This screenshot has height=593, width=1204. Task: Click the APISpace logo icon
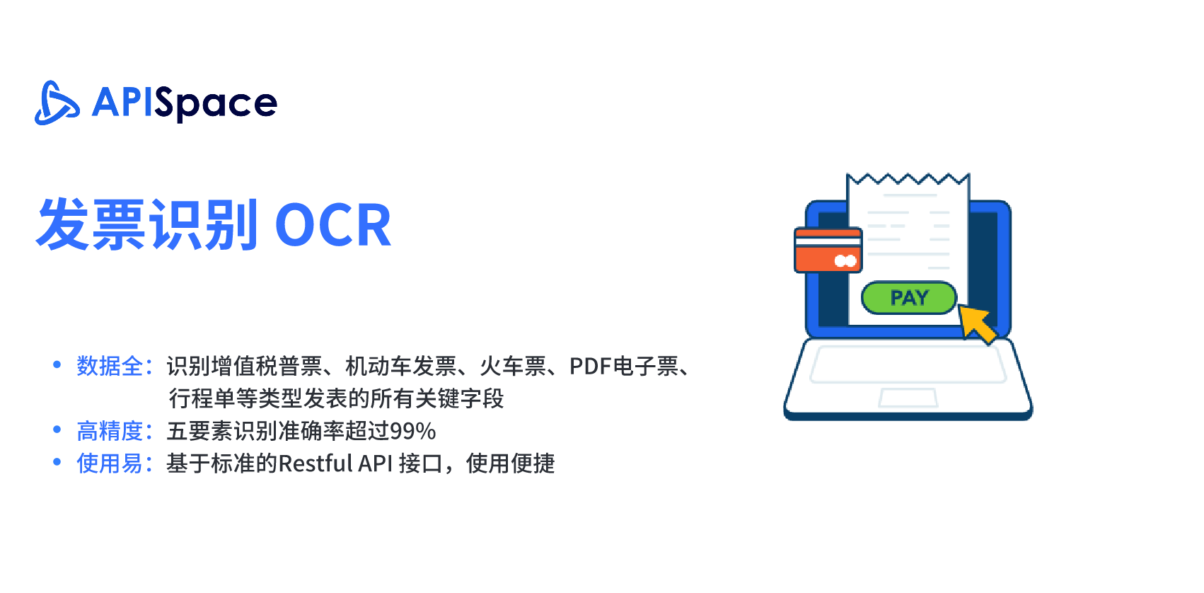(57, 103)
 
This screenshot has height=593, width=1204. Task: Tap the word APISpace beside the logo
(185, 104)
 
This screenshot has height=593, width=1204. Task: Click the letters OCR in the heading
(332, 225)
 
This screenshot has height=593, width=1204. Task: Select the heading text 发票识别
(146, 224)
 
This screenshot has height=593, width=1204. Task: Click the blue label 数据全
(110, 366)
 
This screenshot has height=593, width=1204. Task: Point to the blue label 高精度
(110, 431)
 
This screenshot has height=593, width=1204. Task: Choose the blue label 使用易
(110, 463)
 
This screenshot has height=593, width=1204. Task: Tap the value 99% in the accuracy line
(412, 431)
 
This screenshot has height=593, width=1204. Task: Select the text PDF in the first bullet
(590, 366)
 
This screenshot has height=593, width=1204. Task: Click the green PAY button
(909, 297)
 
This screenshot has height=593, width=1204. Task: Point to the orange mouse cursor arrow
(977, 323)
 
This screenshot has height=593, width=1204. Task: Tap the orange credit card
(828, 250)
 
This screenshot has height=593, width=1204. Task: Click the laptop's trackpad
(908, 398)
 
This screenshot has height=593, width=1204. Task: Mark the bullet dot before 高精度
(57, 429)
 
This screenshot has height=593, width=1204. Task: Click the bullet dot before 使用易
(57, 461)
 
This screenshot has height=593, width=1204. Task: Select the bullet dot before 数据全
(57, 364)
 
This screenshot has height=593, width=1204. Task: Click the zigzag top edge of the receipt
(908, 178)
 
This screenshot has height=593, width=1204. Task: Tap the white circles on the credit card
(845, 261)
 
